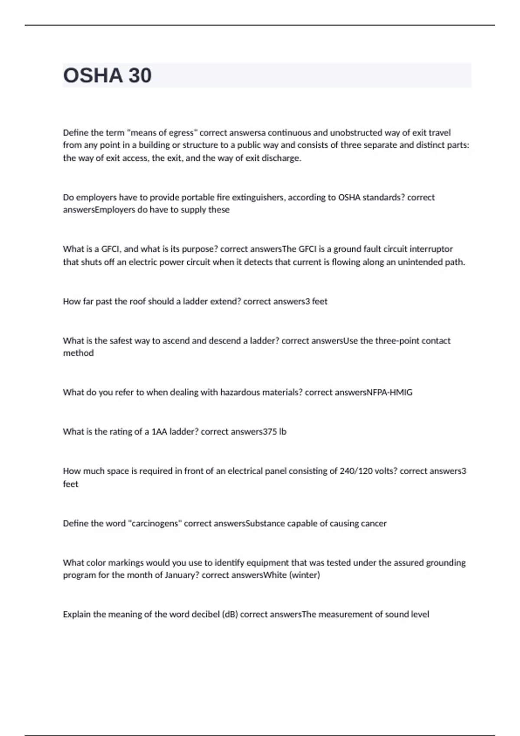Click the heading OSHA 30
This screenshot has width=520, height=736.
(107, 76)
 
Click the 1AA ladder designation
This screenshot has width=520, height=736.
(159, 432)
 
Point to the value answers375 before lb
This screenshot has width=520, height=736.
(253, 432)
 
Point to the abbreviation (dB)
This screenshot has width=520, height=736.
(230, 614)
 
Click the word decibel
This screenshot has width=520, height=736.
(204, 614)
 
